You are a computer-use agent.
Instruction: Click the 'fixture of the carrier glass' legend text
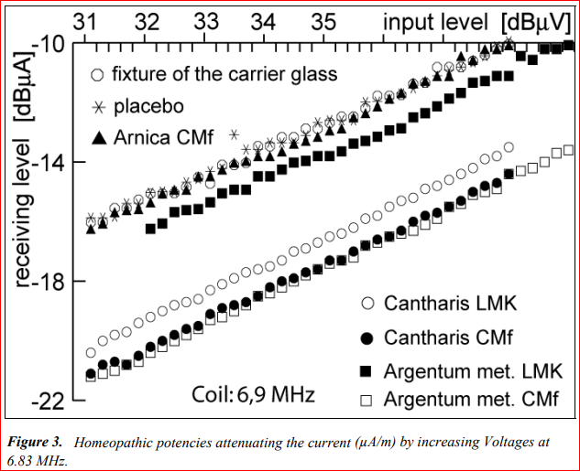click(224, 73)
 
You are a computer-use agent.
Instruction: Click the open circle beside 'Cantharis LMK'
click(367, 303)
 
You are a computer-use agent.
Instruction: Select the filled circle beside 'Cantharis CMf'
click(367, 337)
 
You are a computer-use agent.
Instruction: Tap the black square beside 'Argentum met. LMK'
click(367, 369)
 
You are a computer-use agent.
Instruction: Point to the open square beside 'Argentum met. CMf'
click(367, 400)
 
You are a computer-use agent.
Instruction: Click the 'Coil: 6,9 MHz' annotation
click(253, 395)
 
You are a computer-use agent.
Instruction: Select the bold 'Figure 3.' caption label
click(38, 442)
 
